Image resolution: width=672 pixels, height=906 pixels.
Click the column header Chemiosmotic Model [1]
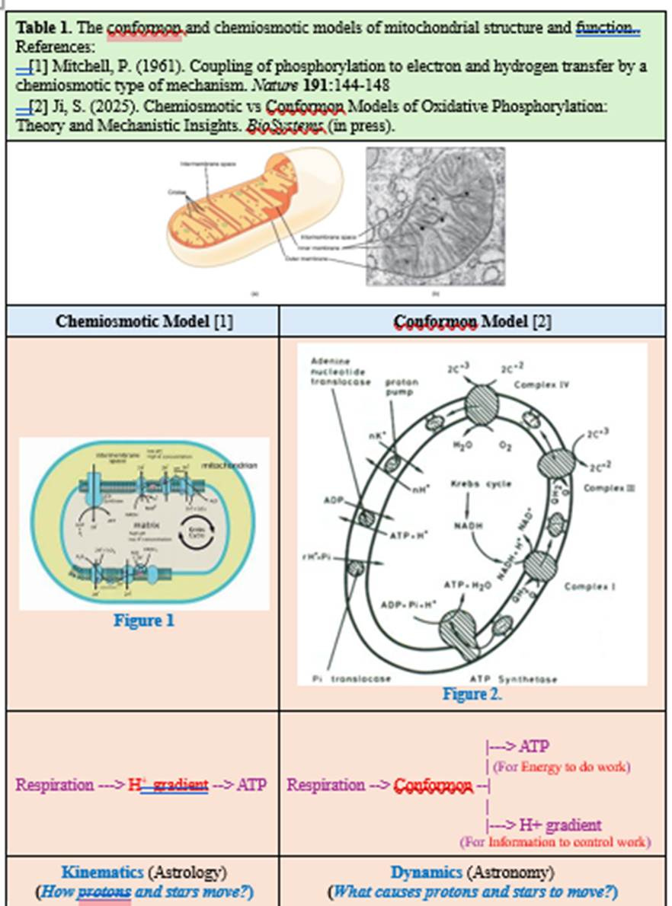(x=144, y=321)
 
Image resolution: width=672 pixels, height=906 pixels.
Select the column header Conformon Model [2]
(x=472, y=321)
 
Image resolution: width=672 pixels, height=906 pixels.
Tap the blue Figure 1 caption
(x=144, y=620)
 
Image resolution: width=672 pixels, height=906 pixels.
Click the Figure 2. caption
(x=472, y=694)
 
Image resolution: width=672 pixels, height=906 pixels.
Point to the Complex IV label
(x=542, y=385)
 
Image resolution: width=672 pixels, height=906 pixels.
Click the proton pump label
(x=402, y=387)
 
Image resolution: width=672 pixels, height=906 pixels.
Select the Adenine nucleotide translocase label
(x=341, y=371)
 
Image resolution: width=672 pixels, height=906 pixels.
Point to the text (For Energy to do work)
(x=562, y=767)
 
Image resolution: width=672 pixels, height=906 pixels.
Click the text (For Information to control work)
(x=555, y=842)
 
